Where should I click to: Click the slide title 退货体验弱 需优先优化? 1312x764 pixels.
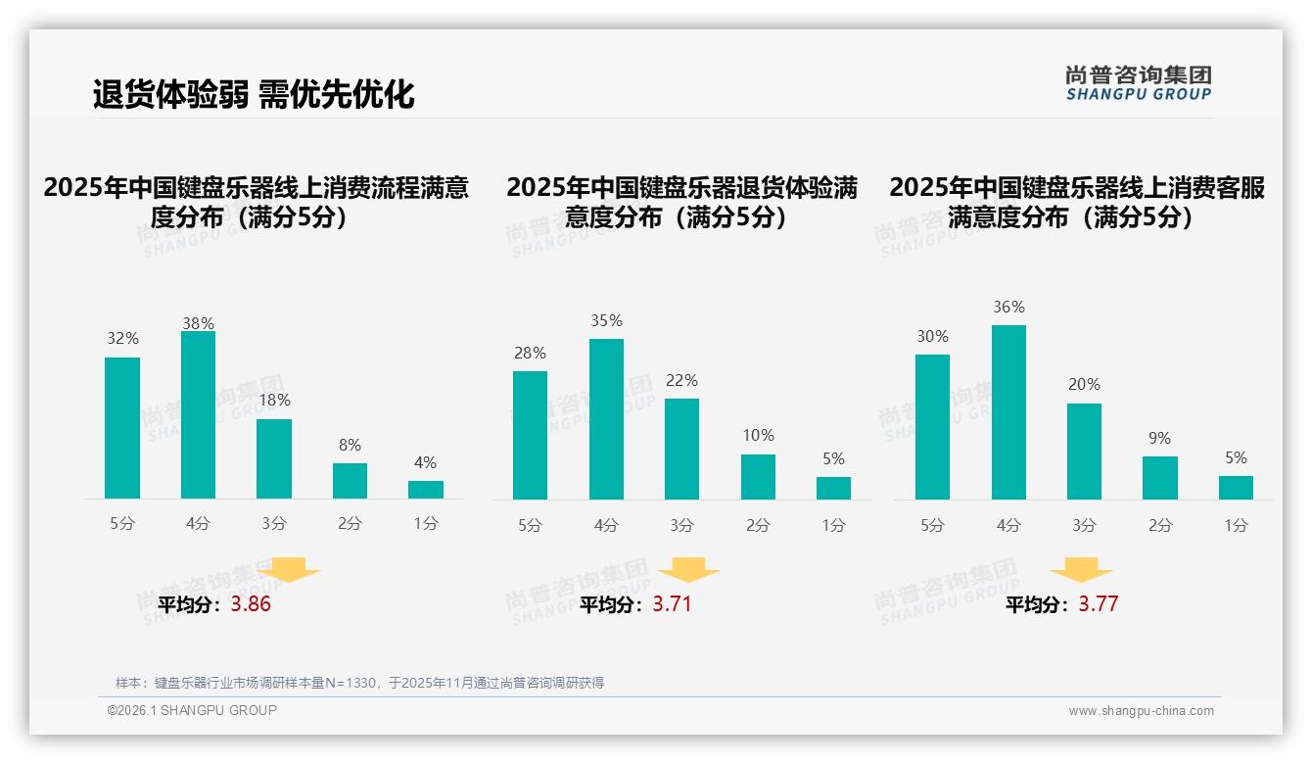point(254,94)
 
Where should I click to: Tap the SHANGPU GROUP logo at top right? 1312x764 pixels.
point(1138,83)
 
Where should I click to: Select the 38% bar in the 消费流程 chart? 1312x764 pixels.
point(198,415)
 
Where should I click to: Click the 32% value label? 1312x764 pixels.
point(122,339)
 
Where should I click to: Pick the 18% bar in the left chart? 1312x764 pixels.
point(274,458)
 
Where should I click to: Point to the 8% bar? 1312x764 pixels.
point(350,481)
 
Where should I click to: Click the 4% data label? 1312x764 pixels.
point(425,463)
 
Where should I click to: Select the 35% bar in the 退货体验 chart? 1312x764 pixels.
point(606,419)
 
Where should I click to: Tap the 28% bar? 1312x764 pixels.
point(530,435)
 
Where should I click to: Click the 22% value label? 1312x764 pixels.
point(681,381)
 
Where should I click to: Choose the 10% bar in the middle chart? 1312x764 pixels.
point(758,477)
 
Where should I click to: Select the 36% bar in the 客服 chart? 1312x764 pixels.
point(1008,412)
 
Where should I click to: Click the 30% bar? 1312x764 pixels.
point(932,427)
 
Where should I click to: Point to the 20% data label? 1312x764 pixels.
point(1084,385)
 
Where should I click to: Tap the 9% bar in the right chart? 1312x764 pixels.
point(1159,478)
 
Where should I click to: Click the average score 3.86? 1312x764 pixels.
point(251,604)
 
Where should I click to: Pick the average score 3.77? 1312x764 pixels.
point(1098,604)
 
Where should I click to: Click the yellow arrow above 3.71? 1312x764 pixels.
point(688,572)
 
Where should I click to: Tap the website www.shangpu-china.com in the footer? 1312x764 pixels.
point(1141,711)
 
